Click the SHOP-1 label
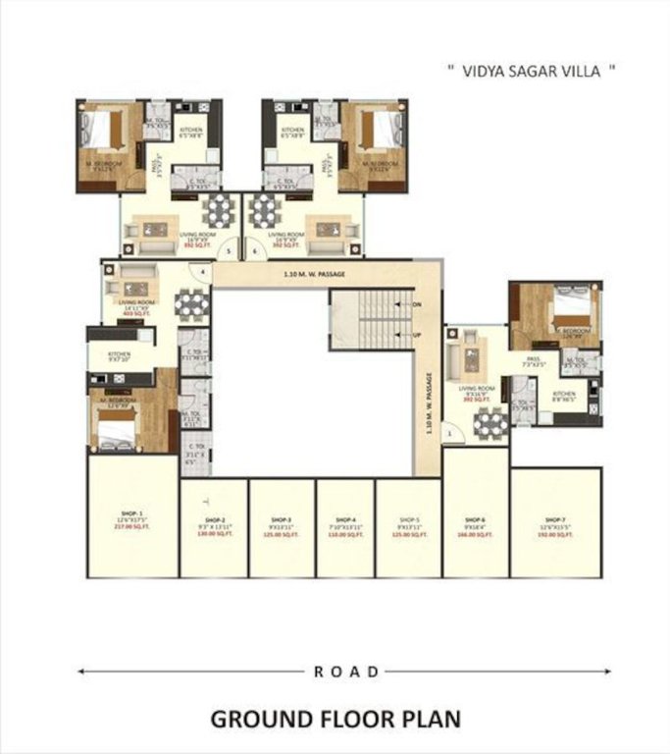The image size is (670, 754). [x=133, y=513]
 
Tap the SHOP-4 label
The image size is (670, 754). [x=345, y=519]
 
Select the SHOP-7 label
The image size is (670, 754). [x=555, y=519]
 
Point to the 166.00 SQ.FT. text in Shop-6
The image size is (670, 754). [x=476, y=535]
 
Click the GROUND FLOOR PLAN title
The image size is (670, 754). [x=335, y=719]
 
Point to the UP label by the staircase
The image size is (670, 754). [x=417, y=335]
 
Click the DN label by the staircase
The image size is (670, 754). [x=417, y=305]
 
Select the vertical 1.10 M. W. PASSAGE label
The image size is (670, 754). [x=430, y=403]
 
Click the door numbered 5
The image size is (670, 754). [x=229, y=251]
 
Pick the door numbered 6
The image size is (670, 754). [x=254, y=251]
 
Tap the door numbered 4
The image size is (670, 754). [x=203, y=270]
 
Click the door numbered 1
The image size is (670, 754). [x=449, y=432]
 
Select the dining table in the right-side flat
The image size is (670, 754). [x=490, y=423]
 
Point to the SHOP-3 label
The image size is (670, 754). [x=281, y=519]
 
